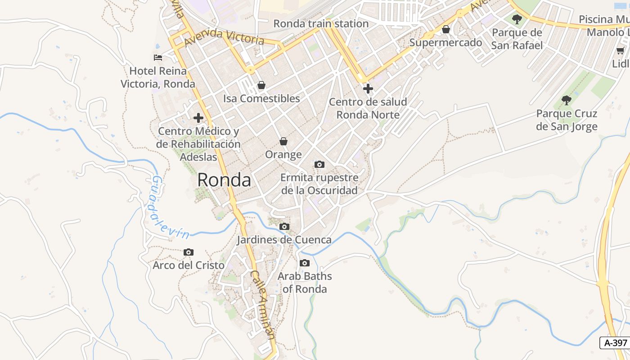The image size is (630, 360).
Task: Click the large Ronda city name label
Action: [x=224, y=180]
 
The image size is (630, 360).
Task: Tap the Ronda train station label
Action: [x=321, y=23]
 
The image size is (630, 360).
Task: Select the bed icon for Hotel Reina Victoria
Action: [x=158, y=58]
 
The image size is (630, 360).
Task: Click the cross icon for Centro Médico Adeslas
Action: [x=198, y=118]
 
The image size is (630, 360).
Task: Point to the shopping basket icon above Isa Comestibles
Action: [x=261, y=85]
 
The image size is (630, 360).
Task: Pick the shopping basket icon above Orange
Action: [x=283, y=141]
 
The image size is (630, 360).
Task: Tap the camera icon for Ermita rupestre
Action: [x=319, y=164]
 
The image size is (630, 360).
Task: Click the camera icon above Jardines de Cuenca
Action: [x=284, y=226]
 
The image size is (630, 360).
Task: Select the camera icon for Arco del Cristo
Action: [x=189, y=252]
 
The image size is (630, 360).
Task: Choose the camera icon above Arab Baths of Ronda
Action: [x=305, y=263]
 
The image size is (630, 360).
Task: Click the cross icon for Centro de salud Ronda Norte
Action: [x=368, y=88]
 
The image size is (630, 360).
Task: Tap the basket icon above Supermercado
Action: [x=445, y=30]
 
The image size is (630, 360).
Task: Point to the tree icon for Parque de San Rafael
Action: [x=517, y=19]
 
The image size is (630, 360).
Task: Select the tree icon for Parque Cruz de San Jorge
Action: [x=567, y=100]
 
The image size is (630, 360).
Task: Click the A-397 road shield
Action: [x=615, y=342]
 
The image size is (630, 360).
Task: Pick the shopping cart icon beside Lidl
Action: [x=621, y=50]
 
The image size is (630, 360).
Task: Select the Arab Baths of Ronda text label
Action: [x=305, y=282]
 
